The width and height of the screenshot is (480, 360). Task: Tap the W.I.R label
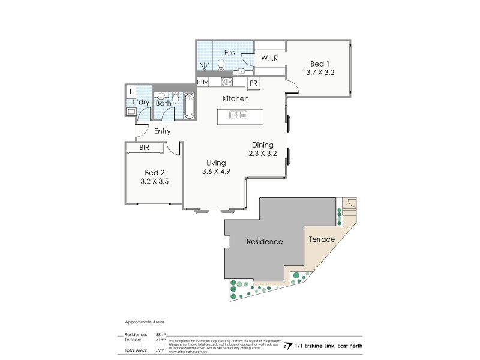tap(268, 58)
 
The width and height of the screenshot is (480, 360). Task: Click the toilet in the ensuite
tap(221, 63)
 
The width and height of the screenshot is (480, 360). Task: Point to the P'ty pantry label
tap(202, 83)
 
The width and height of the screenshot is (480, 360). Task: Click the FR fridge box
tap(253, 83)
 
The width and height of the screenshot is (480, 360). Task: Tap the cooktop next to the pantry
tap(227, 82)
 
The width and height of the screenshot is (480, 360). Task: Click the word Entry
tap(162, 131)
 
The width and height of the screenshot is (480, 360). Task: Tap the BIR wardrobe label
tap(144, 146)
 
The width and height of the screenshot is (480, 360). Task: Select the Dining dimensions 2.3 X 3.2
tap(262, 153)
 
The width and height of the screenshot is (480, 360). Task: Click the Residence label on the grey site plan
tap(265, 241)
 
